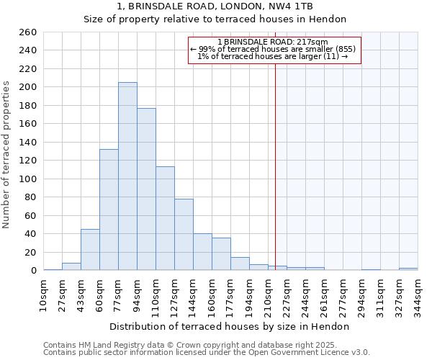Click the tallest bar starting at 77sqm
127,176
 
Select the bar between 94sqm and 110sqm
146,189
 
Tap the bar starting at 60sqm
109,210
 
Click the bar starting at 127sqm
184,235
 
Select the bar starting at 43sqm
90,250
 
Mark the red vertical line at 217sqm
275,166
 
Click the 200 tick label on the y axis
28,87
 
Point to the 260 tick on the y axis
28,32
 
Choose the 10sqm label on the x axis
44,293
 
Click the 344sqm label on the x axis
418,293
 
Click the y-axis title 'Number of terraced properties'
6,155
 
